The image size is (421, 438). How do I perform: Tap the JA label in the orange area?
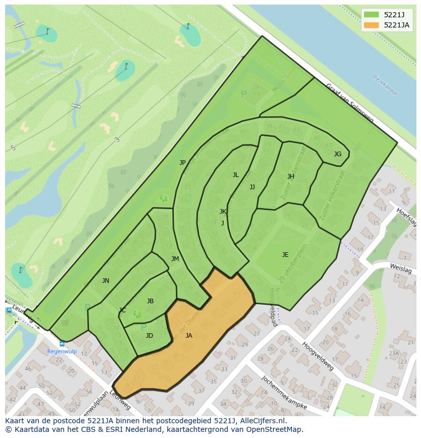point(189,336)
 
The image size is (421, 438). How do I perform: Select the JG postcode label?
point(338,154)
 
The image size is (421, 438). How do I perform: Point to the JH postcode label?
point(290,177)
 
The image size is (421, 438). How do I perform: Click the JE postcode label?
point(285,255)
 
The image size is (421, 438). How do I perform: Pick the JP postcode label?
point(183,163)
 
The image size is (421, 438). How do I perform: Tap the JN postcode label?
point(105,281)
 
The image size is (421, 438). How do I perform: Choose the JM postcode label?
point(175,259)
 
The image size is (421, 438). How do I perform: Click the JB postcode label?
point(150,301)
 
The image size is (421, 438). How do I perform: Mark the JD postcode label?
point(149,336)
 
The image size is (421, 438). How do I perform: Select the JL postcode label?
point(235,175)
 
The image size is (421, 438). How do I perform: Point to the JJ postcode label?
point(252,187)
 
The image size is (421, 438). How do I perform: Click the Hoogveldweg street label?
point(318,356)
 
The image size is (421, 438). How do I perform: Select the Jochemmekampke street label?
point(284,392)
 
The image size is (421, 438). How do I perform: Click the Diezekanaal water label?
point(384,84)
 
